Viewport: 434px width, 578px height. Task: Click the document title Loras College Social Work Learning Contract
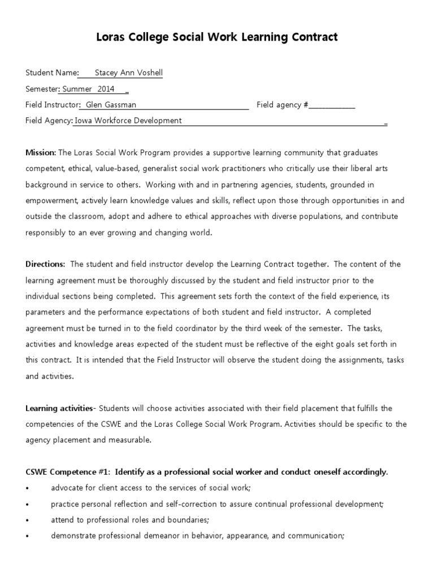(x=217, y=38)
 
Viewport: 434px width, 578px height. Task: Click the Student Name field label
(x=51, y=73)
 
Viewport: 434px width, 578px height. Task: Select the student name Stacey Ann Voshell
(x=128, y=73)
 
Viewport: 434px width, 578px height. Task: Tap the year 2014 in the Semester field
(x=106, y=89)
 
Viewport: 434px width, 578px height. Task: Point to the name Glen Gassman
(x=111, y=104)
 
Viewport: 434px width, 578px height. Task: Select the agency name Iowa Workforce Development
(x=128, y=120)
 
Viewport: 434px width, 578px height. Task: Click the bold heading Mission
(x=40, y=152)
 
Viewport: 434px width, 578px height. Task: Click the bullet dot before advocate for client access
(x=28, y=488)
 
